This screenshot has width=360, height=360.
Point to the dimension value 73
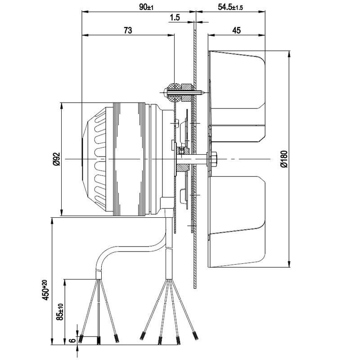point(128,30)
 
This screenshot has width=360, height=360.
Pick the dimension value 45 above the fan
point(236,30)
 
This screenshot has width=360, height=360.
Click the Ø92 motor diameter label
point(56,159)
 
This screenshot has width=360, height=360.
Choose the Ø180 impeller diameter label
point(283,159)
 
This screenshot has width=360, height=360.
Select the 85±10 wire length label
point(60,310)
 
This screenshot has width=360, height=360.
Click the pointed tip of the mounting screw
point(205,93)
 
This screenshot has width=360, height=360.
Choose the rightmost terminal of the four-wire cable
point(195,336)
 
